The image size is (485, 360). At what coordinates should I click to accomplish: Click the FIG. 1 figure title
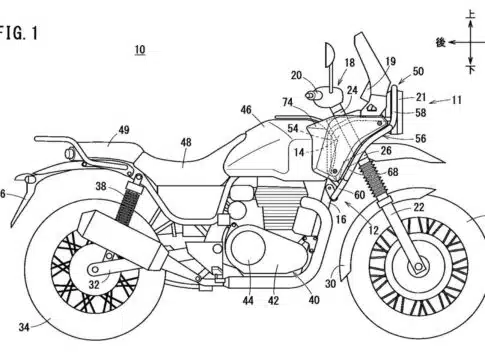pos(18,33)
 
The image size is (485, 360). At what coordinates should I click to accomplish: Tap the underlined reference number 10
pos(140,50)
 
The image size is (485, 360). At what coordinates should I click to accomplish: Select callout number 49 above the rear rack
pos(124,130)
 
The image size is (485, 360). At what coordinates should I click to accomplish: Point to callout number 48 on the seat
pos(186,142)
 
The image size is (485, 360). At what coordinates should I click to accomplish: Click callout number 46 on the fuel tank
pos(246,110)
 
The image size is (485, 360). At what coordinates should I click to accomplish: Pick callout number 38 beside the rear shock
pos(101,186)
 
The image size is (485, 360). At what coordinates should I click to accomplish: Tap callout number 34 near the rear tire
pos(24,327)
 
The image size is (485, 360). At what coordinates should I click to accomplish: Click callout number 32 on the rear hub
pos(94,284)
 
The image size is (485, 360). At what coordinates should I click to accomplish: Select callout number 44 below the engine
pos(248,301)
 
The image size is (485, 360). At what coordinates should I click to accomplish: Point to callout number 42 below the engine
pos(273,301)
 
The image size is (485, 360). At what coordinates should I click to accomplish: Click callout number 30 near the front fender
pos(330,284)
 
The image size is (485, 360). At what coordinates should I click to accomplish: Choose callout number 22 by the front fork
pos(419,207)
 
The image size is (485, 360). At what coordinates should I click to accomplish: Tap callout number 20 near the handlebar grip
pos(296,76)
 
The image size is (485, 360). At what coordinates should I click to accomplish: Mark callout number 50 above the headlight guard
pos(418,71)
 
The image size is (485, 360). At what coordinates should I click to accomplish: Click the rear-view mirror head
pos(330,54)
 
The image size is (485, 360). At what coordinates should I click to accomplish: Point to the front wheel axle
pos(418,267)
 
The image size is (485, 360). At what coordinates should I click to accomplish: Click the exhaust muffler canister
pos(124,239)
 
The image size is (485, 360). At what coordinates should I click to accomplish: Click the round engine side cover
pos(248,247)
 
